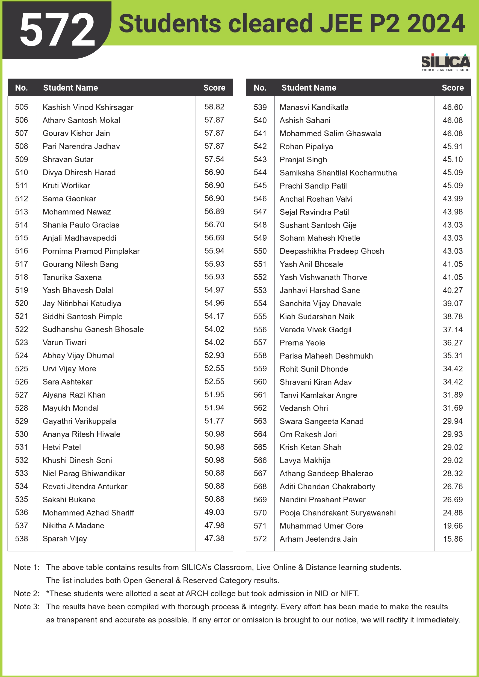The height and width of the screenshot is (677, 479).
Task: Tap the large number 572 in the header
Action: (57, 30)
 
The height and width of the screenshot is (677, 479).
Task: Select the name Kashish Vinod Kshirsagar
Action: (88, 107)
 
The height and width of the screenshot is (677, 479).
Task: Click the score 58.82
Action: (214, 107)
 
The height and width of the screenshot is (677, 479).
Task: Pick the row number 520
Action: (22, 303)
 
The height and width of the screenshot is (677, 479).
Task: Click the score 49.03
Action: (214, 512)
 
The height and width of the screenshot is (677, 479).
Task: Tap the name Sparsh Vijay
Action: (65, 539)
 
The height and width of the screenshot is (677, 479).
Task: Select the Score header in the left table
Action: (214, 88)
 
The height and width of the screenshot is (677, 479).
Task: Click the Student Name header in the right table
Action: (309, 88)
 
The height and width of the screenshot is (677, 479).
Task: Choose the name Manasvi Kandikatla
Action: (314, 107)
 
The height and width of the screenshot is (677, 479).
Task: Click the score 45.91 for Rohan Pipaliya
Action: (453, 147)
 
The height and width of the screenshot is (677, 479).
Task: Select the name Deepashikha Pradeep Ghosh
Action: (332, 251)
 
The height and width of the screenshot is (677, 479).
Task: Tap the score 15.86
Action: (453, 539)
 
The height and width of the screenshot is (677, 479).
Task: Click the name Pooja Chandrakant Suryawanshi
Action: (338, 513)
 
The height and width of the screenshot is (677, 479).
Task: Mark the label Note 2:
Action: (26, 594)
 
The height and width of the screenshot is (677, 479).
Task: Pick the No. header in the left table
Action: (22, 88)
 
